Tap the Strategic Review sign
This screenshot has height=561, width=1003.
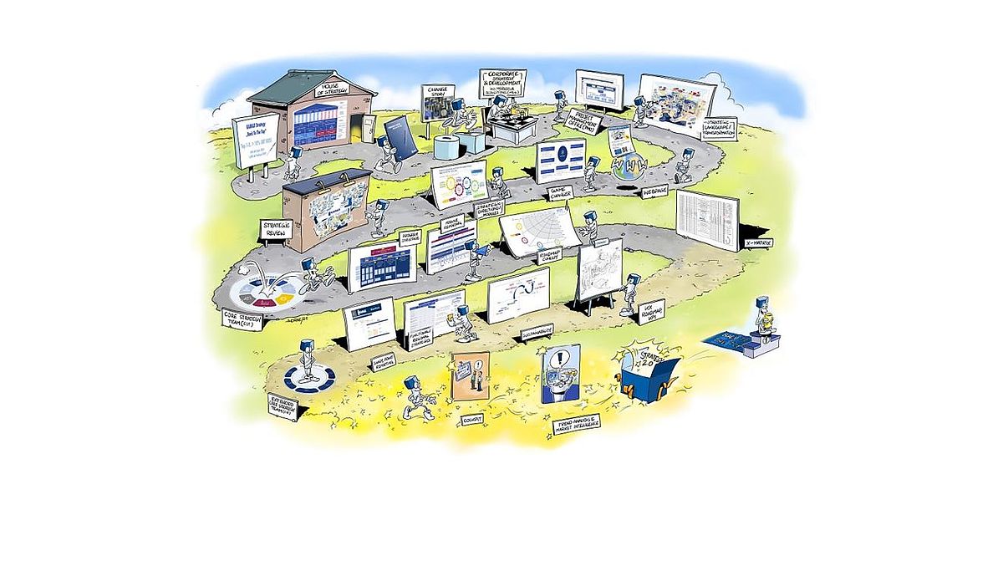pos(275,228)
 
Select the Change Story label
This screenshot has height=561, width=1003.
pos(439,89)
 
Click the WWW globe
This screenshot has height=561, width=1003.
pos(627,165)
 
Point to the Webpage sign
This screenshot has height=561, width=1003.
pos(654,191)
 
